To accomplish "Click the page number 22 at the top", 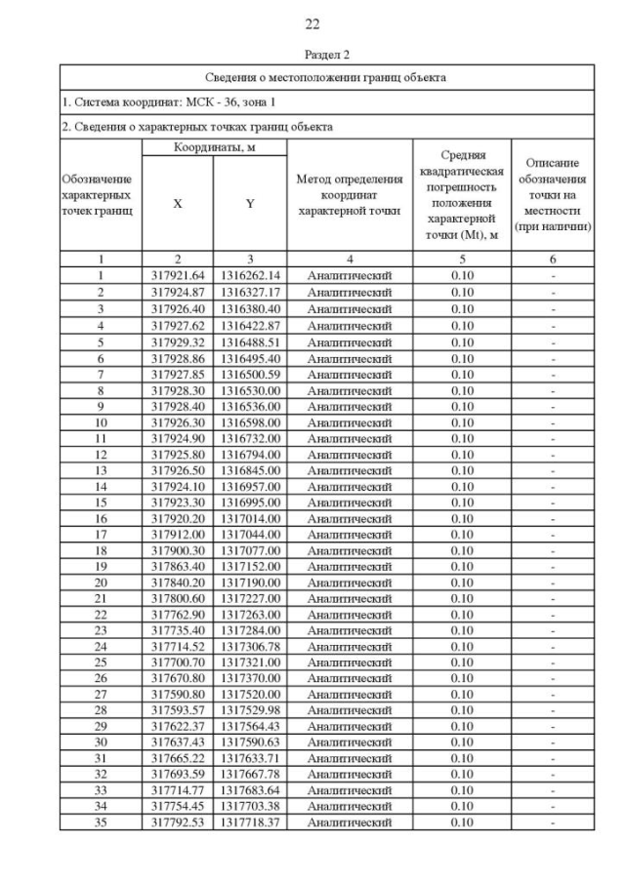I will pyautogui.click(x=312, y=23).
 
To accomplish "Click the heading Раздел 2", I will pyautogui.click(x=312, y=55).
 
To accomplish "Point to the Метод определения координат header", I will pyautogui.click(x=349, y=195).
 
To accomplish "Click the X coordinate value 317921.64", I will pyautogui.click(x=177, y=276).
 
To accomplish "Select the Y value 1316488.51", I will pyautogui.click(x=250, y=342).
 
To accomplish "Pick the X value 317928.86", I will pyautogui.click(x=177, y=359).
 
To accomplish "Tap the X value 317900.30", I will pyautogui.click(x=177, y=549).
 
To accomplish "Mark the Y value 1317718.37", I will pyautogui.click(x=250, y=823).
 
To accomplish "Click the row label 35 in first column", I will pyautogui.click(x=101, y=823).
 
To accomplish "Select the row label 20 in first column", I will pyautogui.click(x=101, y=582).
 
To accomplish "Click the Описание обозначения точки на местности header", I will pyautogui.click(x=553, y=195).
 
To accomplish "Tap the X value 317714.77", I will pyautogui.click(x=177, y=790).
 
